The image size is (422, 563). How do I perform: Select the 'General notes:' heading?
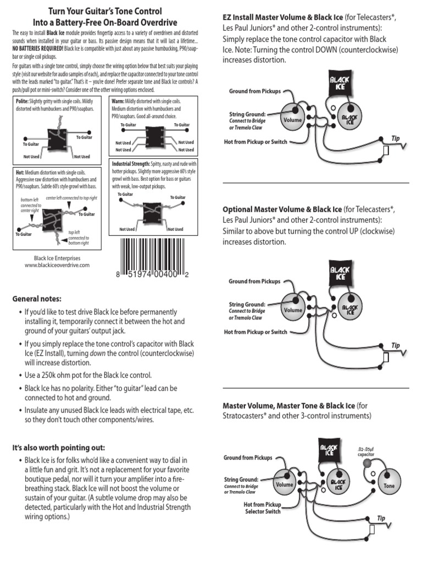(x=37, y=299)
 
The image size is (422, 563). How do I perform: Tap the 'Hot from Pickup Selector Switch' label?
(x=262, y=507)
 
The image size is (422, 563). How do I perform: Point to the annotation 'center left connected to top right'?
(x=71, y=198)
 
